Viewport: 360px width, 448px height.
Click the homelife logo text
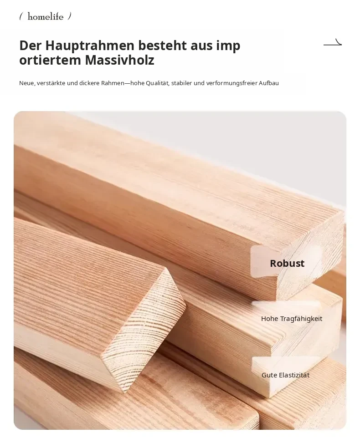(x=46, y=16)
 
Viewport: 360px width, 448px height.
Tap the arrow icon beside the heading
(x=333, y=43)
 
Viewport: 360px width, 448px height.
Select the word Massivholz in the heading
(x=119, y=60)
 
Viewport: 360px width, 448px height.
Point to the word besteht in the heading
(x=162, y=46)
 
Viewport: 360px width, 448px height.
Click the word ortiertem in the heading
(x=50, y=60)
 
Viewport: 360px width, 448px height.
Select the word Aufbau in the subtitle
(x=268, y=83)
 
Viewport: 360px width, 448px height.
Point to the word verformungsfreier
(x=231, y=83)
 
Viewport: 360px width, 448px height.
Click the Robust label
(x=287, y=263)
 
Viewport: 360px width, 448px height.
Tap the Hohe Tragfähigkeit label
(x=291, y=319)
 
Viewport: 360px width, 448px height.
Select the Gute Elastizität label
(x=285, y=375)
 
